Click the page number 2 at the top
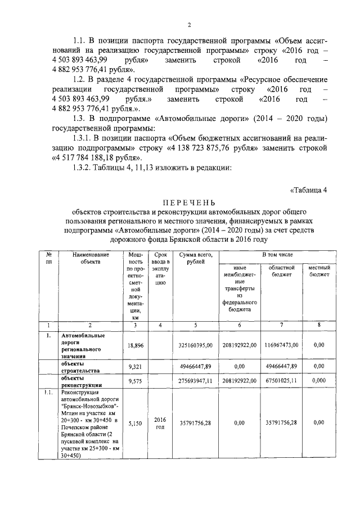coord(190,24)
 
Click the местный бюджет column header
coord(319,271)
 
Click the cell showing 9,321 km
coord(136,366)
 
